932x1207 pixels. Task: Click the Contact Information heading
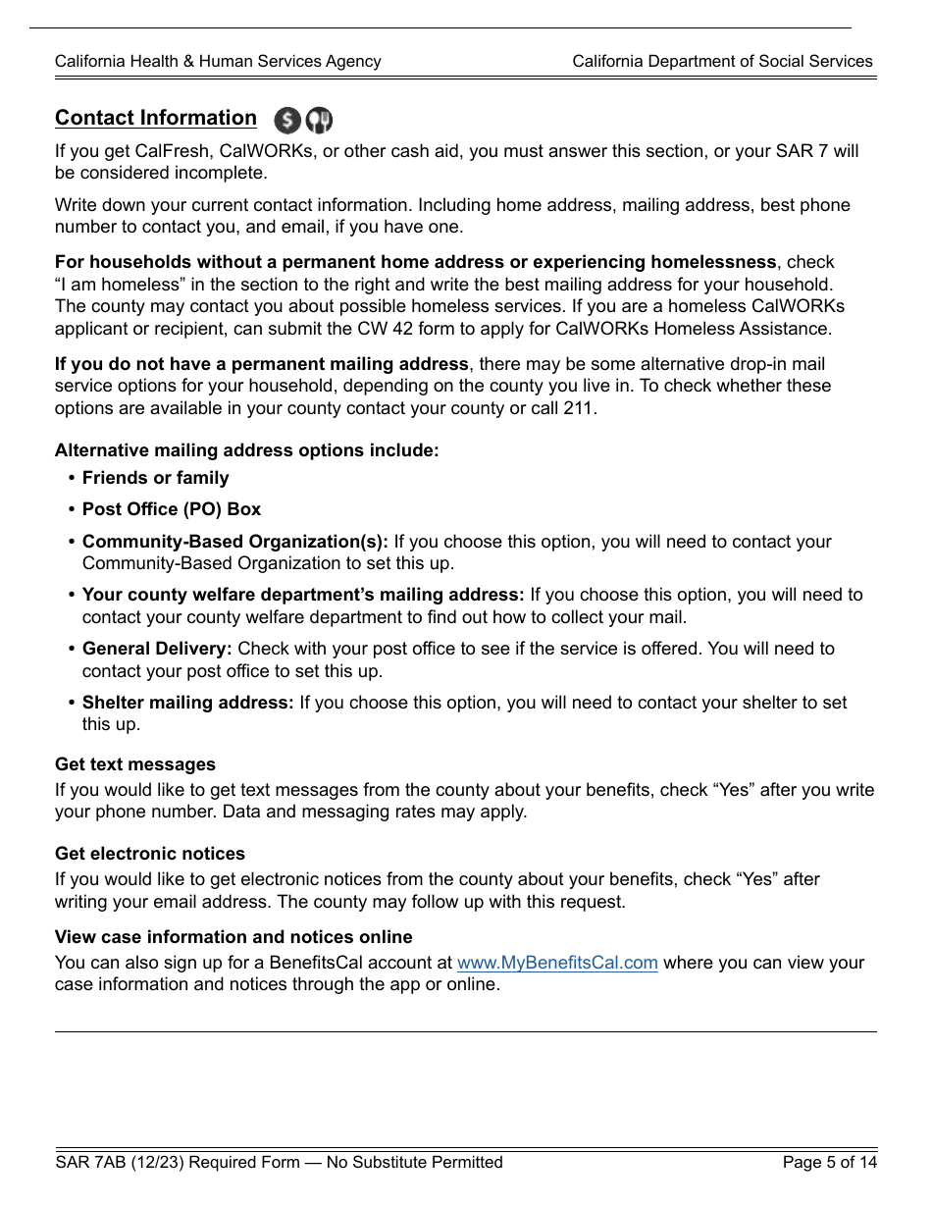click(x=155, y=118)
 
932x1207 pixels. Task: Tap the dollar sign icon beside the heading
click(x=287, y=121)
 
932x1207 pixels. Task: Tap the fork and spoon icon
click(x=319, y=121)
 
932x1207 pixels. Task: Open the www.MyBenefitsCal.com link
click(x=557, y=963)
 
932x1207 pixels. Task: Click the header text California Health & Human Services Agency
click(x=218, y=61)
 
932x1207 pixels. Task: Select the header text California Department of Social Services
click(x=722, y=61)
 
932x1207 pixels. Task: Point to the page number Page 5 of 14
click(x=829, y=1163)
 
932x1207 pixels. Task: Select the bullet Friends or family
click(x=155, y=478)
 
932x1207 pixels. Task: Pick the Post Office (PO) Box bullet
click(x=172, y=509)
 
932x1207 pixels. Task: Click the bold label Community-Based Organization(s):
click(x=235, y=542)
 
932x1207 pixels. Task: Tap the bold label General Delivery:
click(x=157, y=649)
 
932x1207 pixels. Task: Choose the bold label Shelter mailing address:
click(x=187, y=703)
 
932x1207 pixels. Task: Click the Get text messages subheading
click(x=135, y=764)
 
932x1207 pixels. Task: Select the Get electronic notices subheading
click(x=150, y=854)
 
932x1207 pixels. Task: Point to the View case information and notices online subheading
click(x=233, y=937)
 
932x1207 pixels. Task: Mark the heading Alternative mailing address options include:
click(x=246, y=450)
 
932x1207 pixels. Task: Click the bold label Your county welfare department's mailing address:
click(x=303, y=595)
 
